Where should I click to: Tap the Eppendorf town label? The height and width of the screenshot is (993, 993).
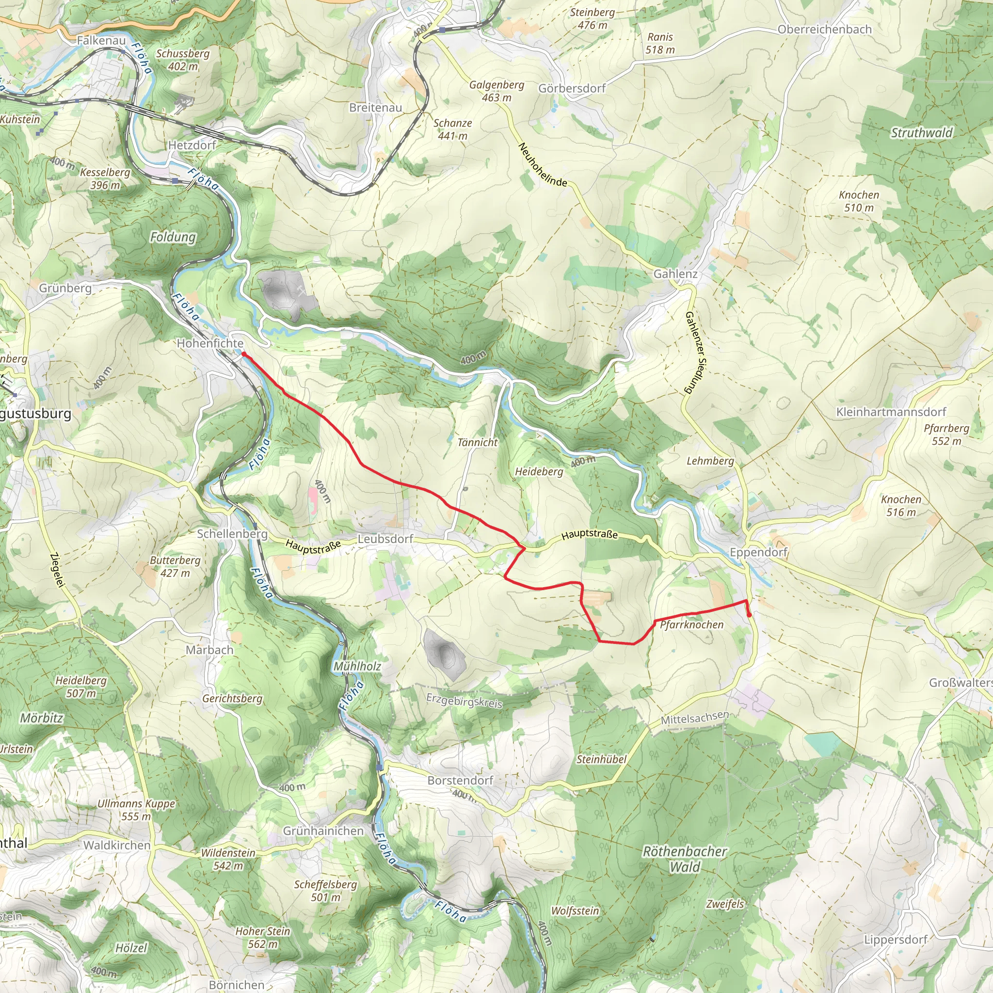(758, 552)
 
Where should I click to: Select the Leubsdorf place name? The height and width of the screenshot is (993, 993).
(385, 539)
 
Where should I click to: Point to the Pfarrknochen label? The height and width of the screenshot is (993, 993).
(691, 625)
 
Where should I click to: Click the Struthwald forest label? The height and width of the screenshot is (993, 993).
(921, 132)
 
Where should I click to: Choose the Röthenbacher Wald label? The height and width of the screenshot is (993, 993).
(685, 859)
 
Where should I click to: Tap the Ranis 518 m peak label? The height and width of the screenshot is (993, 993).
(660, 43)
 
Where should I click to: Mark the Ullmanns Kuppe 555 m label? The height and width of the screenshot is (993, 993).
(136, 810)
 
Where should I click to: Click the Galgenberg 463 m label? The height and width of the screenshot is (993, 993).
(496, 91)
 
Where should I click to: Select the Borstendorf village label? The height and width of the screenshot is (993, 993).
(460, 780)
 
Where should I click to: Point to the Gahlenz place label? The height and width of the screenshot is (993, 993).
(675, 274)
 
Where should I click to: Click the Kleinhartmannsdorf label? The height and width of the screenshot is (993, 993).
(891, 412)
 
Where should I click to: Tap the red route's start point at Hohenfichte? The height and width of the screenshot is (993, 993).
(243, 354)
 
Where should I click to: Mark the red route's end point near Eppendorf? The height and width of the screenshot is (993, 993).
(749, 614)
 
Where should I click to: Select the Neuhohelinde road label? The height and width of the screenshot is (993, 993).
(543, 165)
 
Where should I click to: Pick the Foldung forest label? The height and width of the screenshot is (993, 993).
(173, 237)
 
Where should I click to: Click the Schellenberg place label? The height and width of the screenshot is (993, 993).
(232, 533)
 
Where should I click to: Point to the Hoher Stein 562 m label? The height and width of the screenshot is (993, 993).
(263, 938)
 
